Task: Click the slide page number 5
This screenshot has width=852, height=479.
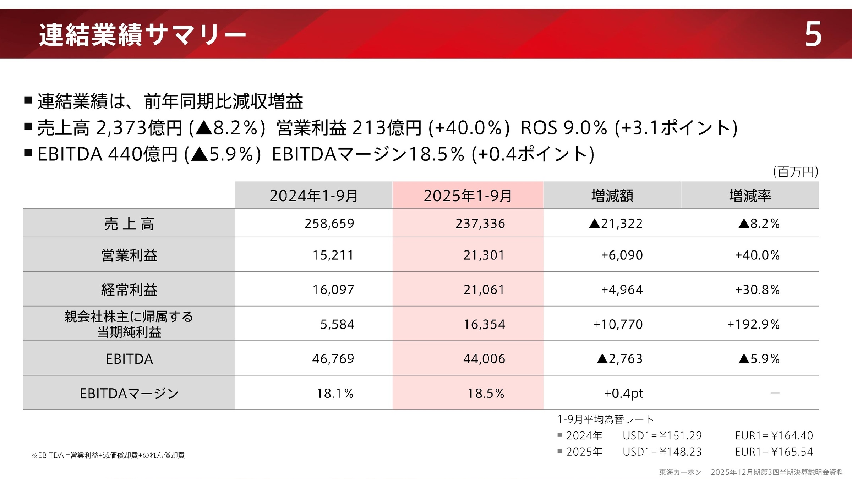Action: (813, 34)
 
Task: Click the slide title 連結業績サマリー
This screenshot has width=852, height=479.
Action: (142, 35)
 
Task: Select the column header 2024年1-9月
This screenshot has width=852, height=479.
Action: (314, 196)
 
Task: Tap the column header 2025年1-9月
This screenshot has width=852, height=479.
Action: (468, 196)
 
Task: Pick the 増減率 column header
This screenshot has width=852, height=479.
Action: (750, 196)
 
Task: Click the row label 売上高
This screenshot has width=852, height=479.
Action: (129, 224)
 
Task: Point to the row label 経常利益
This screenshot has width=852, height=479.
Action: (129, 290)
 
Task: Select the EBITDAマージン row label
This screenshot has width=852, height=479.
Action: (129, 393)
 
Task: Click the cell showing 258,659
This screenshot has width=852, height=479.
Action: (329, 224)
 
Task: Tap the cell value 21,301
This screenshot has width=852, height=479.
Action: (484, 255)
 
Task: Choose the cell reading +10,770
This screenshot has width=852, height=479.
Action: (618, 324)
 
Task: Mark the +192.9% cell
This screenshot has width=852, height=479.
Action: (753, 324)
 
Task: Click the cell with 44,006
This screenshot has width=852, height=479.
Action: (484, 359)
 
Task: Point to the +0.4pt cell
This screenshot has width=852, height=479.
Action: (623, 393)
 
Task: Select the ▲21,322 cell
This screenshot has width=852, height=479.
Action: (616, 224)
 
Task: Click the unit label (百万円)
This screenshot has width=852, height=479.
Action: (796, 172)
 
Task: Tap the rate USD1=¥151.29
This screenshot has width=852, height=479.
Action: (662, 435)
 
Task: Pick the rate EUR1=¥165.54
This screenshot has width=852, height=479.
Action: (774, 452)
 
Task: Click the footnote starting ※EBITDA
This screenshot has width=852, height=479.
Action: (108, 455)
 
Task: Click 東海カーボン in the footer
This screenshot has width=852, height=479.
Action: (680, 472)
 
